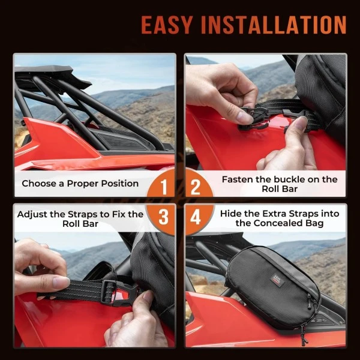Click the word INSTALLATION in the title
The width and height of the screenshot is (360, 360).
coord(278,25)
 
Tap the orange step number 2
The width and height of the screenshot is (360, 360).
coord(196,188)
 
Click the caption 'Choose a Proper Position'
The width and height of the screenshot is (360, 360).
coord(80,184)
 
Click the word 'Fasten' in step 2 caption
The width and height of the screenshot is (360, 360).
coord(238,179)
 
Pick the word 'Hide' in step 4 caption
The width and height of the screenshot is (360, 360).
coord(232,214)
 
